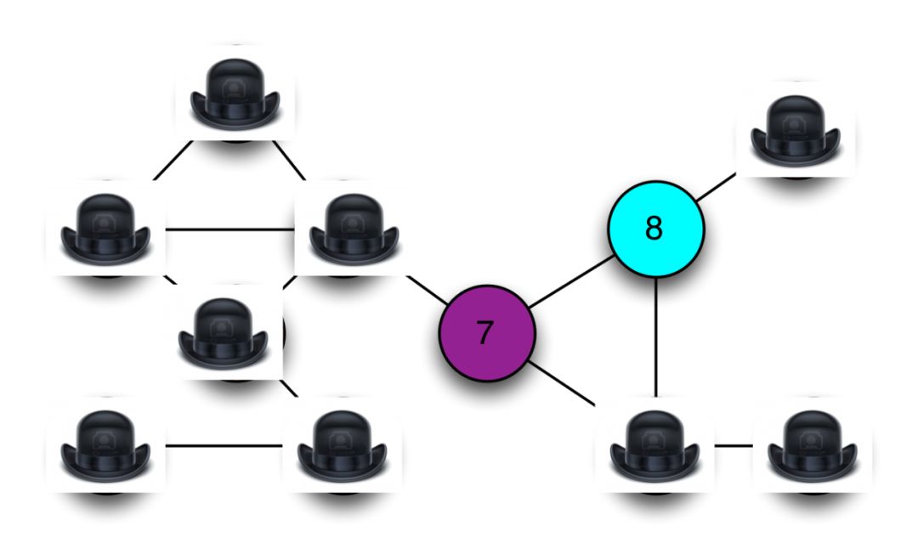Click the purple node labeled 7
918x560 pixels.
coord(487,334)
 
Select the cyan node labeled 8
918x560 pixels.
coord(655,229)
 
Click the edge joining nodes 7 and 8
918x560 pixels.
coord(571,281)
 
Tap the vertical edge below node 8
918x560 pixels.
coord(655,337)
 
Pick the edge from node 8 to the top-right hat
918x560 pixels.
coord(716,187)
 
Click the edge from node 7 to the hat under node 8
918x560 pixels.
coord(561,383)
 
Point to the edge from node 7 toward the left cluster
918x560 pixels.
coord(428,291)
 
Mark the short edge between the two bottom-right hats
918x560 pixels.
coord(734,445)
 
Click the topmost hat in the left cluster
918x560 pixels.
coord(235,93)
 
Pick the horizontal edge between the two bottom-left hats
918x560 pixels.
coord(224,446)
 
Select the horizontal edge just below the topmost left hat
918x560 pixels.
coord(230,229)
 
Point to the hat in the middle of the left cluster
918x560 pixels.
coord(223,331)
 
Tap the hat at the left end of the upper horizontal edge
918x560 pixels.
coord(105,228)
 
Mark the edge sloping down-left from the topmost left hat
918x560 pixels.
coord(173,161)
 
